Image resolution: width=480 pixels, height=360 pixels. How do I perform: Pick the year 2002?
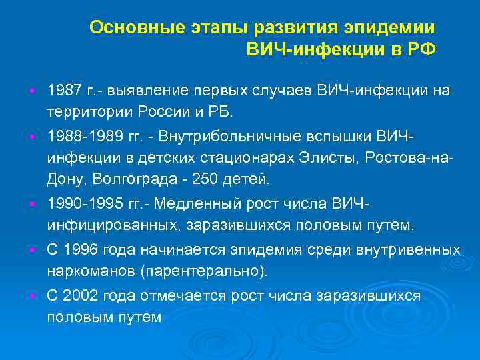coord(81,297)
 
